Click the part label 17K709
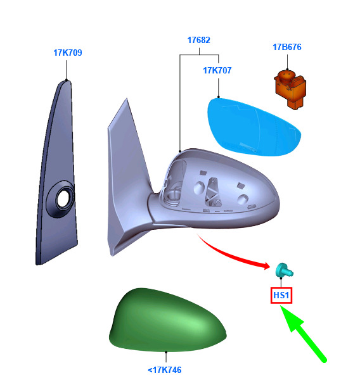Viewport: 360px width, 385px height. (x=68, y=53)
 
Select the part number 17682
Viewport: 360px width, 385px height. (x=199, y=40)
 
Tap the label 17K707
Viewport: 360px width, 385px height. (x=217, y=70)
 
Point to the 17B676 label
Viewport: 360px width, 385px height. (x=287, y=47)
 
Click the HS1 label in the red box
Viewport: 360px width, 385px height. (x=281, y=295)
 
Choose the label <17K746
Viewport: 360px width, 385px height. (x=165, y=370)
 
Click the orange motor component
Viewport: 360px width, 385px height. (x=290, y=89)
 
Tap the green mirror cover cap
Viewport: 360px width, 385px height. (x=167, y=320)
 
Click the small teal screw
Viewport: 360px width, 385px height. (x=285, y=270)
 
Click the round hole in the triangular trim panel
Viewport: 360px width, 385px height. (x=63, y=198)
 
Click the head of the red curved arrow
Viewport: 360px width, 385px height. (x=266, y=265)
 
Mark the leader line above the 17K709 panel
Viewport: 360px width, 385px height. (x=67, y=70)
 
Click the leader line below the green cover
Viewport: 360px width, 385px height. (x=166, y=357)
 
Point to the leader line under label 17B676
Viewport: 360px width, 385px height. (x=287, y=62)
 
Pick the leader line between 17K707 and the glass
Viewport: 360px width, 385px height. (x=219, y=88)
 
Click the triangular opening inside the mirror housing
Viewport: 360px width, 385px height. (x=213, y=191)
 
